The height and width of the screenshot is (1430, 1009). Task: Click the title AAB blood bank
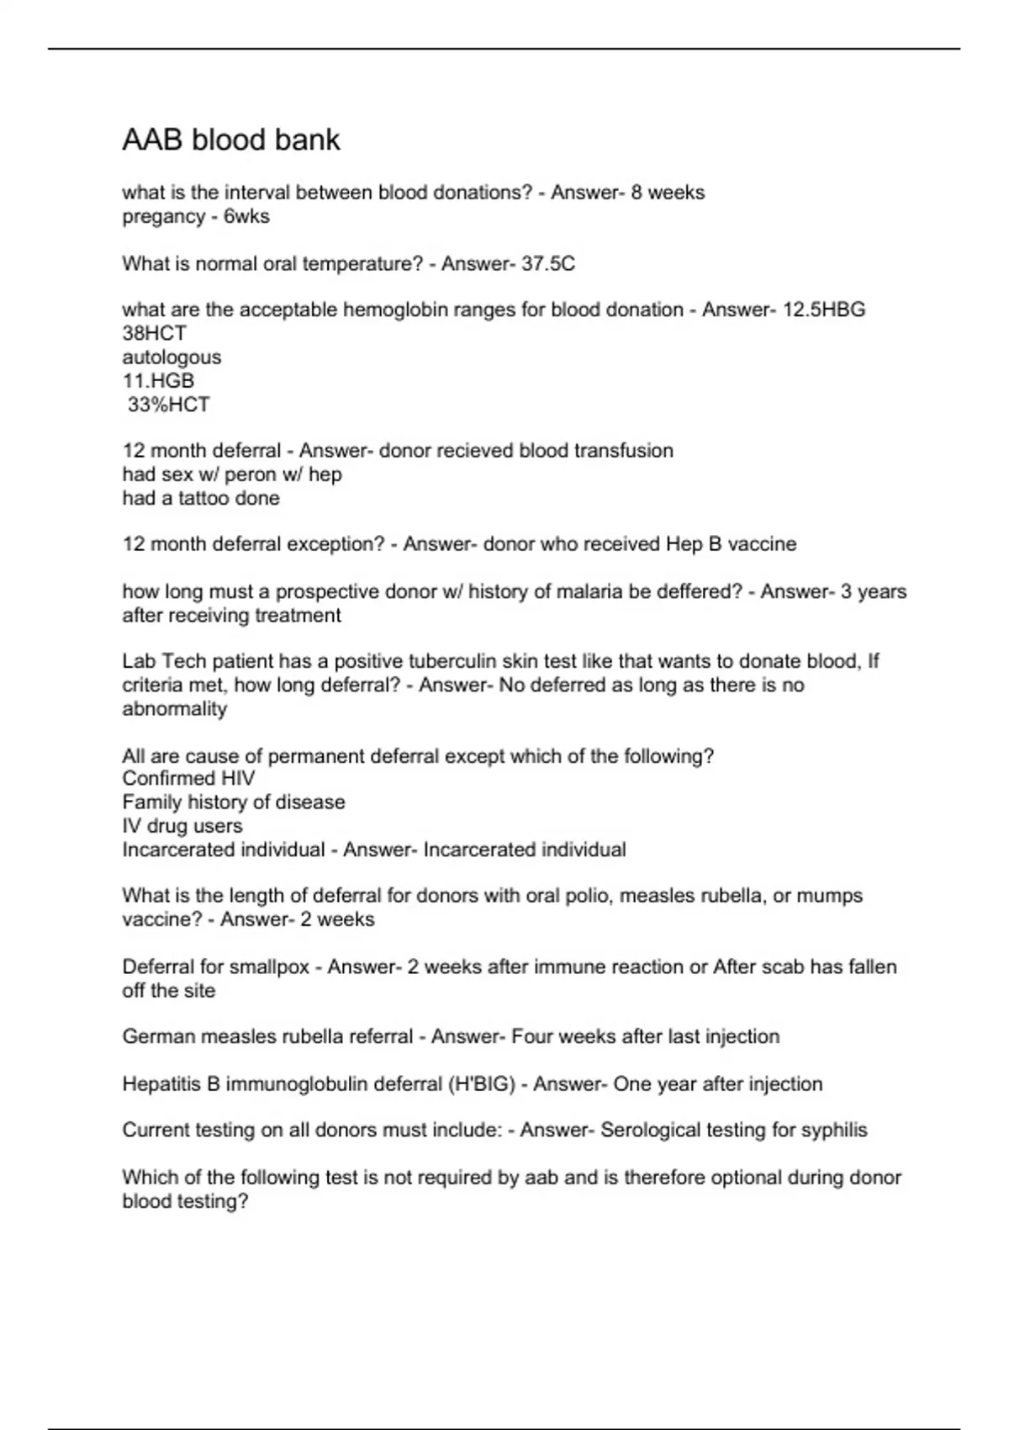pyautogui.click(x=231, y=140)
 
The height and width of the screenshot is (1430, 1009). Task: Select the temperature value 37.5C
pyautogui.click(x=548, y=264)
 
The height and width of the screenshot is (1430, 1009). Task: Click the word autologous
pyautogui.click(x=172, y=357)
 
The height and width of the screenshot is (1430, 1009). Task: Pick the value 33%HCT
pyautogui.click(x=168, y=405)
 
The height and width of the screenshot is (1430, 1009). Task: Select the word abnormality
pyautogui.click(x=174, y=709)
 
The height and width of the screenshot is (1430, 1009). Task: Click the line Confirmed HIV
pyautogui.click(x=188, y=778)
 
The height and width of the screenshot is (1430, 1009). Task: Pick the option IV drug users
pyautogui.click(x=182, y=826)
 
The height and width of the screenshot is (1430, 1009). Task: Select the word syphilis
pyautogui.click(x=832, y=1130)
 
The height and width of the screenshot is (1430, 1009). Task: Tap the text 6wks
pyautogui.click(x=246, y=217)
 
